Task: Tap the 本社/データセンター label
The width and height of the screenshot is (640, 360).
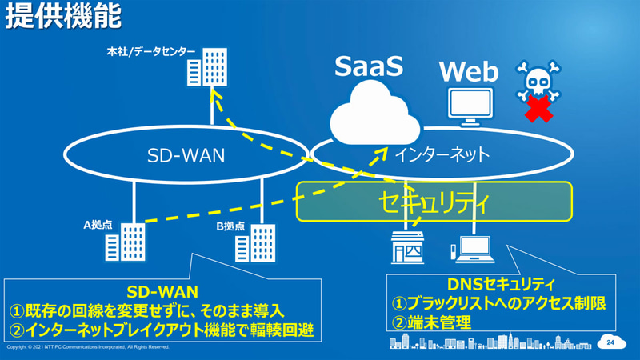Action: click(x=150, y=52)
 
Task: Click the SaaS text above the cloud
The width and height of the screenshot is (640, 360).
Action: click(x=368, y=65)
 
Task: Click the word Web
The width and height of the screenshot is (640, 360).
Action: click(x=469, y=74)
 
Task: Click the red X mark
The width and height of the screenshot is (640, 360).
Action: click(x=540, y=110)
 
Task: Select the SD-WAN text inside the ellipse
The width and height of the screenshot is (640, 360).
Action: click(x=186, y=154)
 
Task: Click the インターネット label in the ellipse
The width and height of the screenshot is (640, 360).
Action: click(x=440, y=152)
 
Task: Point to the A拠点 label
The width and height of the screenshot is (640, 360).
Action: click(x=100, y=226)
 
